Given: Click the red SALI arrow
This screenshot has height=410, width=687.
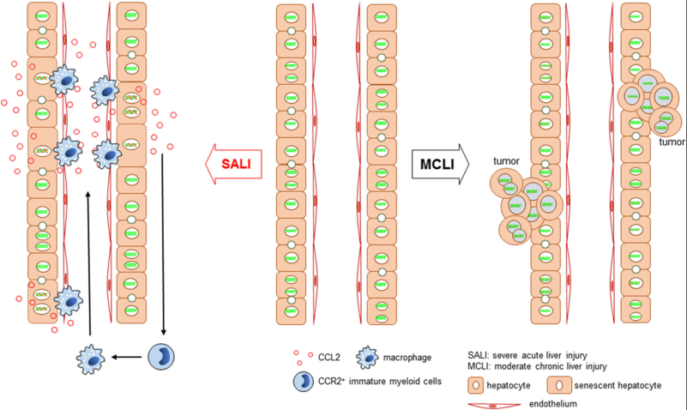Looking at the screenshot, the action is (233, 165).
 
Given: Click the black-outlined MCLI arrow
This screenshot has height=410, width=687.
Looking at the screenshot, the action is (440, 165).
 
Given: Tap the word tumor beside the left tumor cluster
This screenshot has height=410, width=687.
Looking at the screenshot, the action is (506, 161).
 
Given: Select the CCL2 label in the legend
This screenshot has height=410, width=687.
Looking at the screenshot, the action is (329, 358).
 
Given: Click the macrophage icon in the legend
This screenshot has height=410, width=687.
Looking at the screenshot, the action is (367, 358).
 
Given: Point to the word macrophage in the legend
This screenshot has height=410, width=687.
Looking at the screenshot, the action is (407, 358).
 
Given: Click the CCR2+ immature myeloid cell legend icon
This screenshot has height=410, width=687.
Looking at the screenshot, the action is (304, 381).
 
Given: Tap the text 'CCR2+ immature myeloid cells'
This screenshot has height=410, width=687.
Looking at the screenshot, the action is (380, 381).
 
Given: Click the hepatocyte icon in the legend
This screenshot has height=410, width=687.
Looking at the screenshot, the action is (476, 385).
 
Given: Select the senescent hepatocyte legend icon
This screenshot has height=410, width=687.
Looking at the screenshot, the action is (559, 385).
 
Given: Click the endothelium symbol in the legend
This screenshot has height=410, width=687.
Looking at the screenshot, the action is (493, 406).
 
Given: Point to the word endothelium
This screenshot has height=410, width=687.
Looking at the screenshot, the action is (553, 404).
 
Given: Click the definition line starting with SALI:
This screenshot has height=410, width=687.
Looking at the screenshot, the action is (527, 355).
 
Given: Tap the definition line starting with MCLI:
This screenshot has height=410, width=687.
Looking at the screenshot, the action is (537, 366).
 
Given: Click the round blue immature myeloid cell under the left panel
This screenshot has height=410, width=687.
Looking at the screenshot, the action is (161, 357).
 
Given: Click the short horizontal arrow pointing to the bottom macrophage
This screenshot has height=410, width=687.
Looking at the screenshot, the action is (126, 357).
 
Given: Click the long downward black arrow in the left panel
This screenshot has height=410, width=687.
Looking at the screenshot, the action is (163, 244).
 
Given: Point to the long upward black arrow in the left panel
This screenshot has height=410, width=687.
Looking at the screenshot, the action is (88, 263).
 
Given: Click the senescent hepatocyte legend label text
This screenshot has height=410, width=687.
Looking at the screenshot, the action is (618, 385).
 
